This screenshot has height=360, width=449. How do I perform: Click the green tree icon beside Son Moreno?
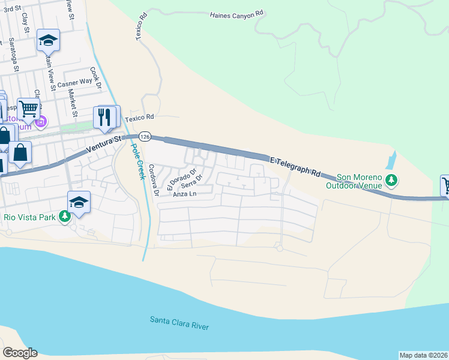[x=391, y=179]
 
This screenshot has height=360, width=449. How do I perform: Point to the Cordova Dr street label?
[x=153, y=179]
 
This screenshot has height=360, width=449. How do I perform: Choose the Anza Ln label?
[x=184, y=194]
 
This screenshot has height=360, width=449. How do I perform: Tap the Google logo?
[x=20, y=352]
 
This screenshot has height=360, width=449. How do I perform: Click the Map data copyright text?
[x=423, y=355]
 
